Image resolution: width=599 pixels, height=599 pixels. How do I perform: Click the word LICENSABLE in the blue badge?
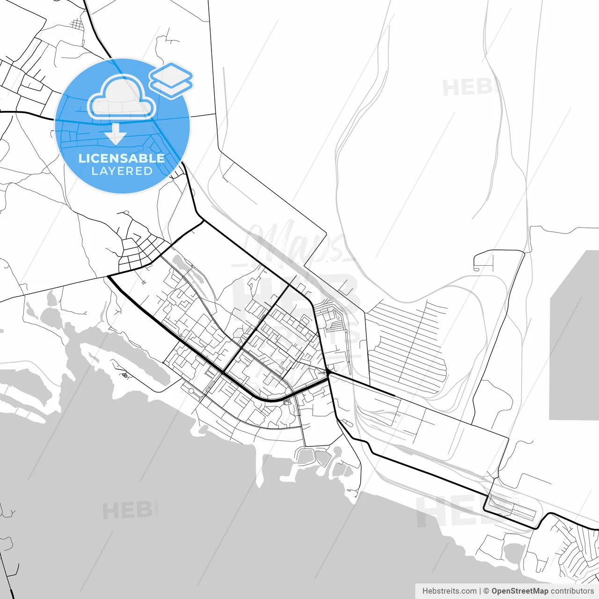tap(122, 158)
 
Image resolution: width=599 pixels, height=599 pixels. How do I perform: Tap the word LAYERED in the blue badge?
tap(122, 171)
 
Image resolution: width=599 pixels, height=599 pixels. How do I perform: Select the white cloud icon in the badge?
tap(122, 97)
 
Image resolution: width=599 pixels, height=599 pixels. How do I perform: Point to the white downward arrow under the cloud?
tap(116, 134)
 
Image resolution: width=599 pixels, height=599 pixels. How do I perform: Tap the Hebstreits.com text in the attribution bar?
tap(449, 591)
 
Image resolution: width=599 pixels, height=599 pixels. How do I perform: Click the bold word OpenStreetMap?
tap(519, 591)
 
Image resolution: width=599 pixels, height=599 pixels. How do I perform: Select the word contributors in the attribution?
tap(572, 591)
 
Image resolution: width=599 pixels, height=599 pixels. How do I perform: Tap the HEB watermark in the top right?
tap(468, 88)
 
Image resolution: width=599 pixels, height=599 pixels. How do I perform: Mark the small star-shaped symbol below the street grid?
tap(144, 283)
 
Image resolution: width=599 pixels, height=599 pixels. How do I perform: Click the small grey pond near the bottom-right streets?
tap(514, 552)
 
